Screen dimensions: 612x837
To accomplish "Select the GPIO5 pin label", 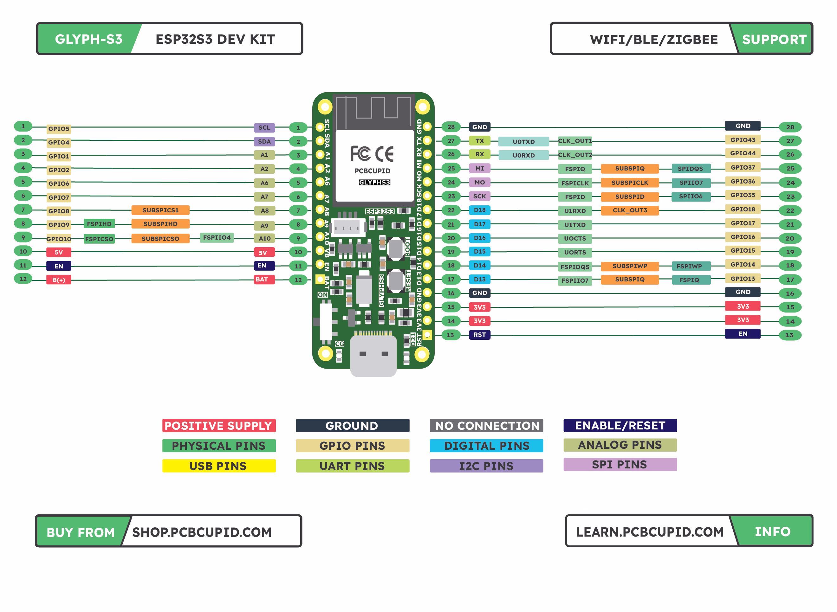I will point(59,129).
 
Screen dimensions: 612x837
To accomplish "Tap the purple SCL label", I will point(264,127).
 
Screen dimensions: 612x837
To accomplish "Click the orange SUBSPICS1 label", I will point(160,210).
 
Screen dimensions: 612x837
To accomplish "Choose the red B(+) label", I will point(59,280).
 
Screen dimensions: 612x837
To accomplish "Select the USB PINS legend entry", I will point(219,466).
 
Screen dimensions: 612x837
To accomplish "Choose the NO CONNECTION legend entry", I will point(486,425).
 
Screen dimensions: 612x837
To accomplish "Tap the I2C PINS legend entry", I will point(486,466).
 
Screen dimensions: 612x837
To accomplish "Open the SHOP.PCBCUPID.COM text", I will point(202,532).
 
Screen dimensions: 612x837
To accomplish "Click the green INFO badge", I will point(773,531).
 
